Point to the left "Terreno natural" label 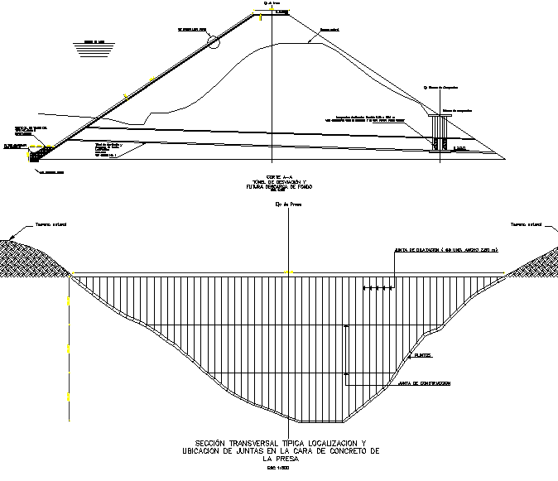(x=50, y=224)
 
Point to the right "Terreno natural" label (x=525, y=224)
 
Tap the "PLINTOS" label (x=424, y=355)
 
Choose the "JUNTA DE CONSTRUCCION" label (x=424, y=384)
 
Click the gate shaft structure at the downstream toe (x=439, y=132)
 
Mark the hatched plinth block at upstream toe (x=39, y=152)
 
